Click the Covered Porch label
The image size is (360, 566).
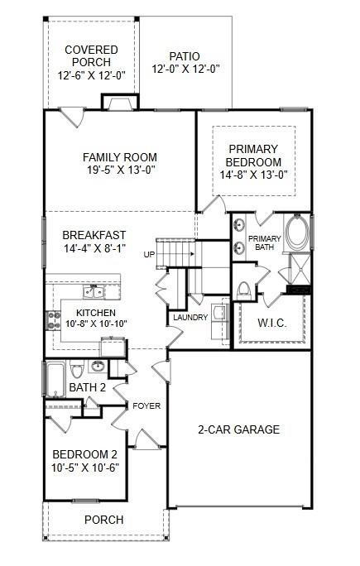click(92, 56)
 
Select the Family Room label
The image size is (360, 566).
click(119, 157)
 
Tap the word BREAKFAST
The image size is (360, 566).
click(94, 235)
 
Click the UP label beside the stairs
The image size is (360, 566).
click(149, 253)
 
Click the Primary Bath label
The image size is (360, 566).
click(269, 243)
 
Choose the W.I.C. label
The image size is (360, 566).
click(271, 323)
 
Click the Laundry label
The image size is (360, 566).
click(190, 317)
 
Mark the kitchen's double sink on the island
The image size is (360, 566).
click(92, 292)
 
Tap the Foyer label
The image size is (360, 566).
click(146, 406)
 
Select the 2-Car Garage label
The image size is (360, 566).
click(238, 430)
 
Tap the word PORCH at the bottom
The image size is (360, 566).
click(104, 520)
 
